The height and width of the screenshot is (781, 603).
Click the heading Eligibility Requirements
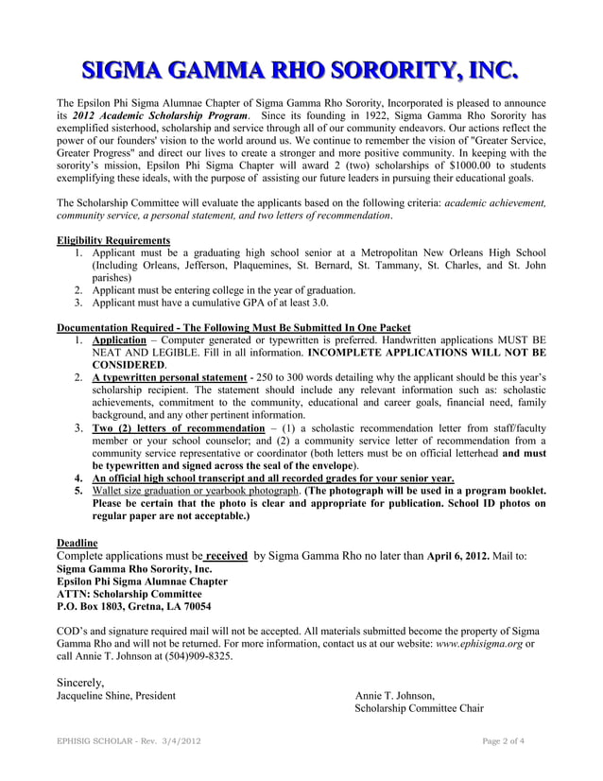click(x=113, y=240)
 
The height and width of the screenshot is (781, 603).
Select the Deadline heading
click(x=78, y=543)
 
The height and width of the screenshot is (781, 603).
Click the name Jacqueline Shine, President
click(x=116, y=696)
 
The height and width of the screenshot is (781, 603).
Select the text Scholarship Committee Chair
click(x=419, y=709)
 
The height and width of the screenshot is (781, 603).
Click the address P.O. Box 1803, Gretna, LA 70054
click(x=134, y=606)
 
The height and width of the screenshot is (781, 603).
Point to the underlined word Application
click(x=118, y=338)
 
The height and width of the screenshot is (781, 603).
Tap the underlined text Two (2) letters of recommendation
click(x=178, y=428)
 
